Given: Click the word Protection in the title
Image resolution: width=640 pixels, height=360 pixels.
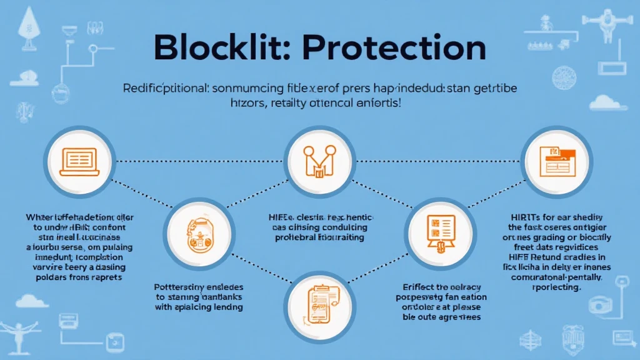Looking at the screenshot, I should (402, 47).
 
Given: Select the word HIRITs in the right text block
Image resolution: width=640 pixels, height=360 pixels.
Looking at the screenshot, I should (519, 217).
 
